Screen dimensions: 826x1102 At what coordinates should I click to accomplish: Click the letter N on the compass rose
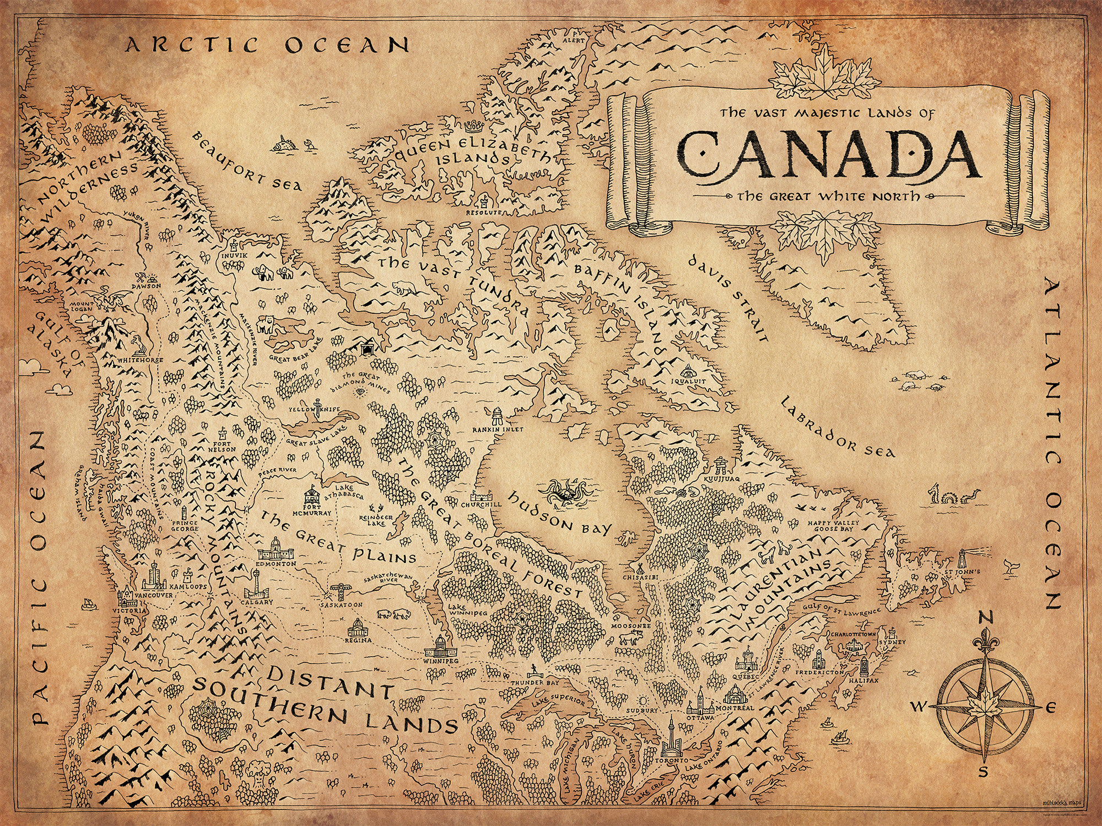[x=985, y=619]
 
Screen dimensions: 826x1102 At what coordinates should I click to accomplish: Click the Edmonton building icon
[x=275, y=548]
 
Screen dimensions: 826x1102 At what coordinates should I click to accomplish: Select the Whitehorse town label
[x=141, y=360]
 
